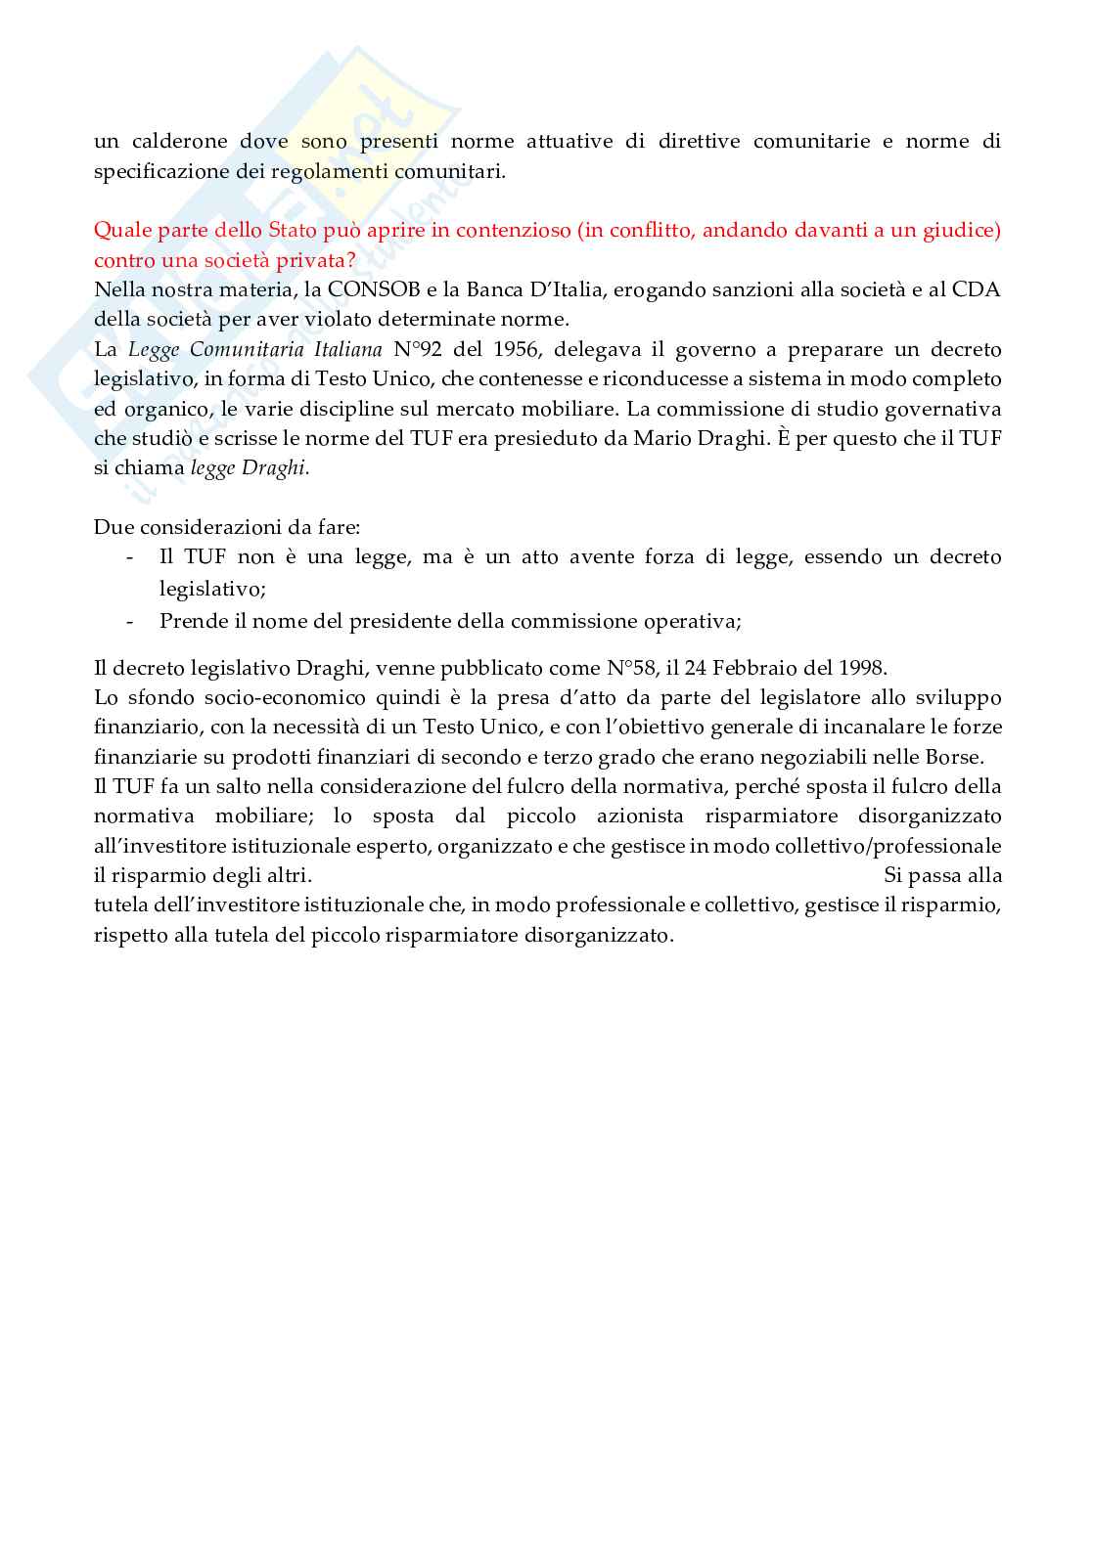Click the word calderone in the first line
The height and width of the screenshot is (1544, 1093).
tap(175, 141)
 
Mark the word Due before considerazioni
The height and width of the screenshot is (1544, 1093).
tap(113, 527)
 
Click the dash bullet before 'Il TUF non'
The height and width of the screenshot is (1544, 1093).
tap(130, 557)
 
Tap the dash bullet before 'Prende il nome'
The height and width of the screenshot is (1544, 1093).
tap(130, 621)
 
